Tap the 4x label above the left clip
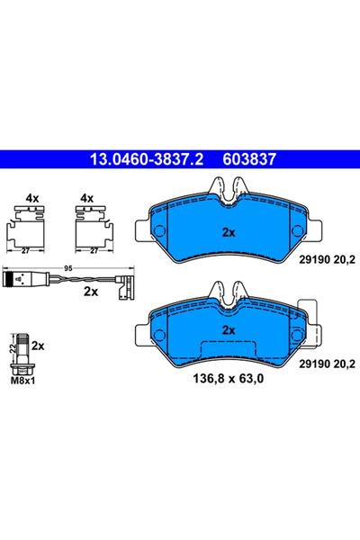31,196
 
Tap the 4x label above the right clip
87,196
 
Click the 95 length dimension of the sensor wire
67,267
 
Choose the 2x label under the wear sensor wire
89,292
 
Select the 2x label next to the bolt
39,346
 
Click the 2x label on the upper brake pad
228,232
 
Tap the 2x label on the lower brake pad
228,330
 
